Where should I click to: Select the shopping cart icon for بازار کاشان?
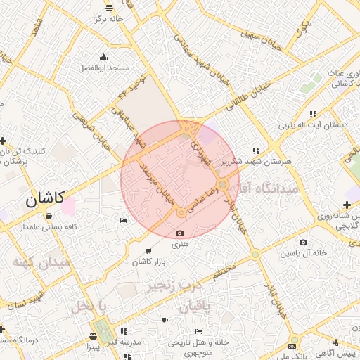[148, 250]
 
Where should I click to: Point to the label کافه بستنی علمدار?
[49, 227]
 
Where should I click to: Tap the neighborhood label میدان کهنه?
[41, 262]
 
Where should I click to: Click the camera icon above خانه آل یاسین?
[283, 242]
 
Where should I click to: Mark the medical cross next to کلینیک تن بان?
[4, 141]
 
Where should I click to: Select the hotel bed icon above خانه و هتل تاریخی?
[199, 331]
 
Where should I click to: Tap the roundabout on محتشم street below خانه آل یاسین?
[255, 255]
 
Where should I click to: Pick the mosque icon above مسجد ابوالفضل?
[104, 57]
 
